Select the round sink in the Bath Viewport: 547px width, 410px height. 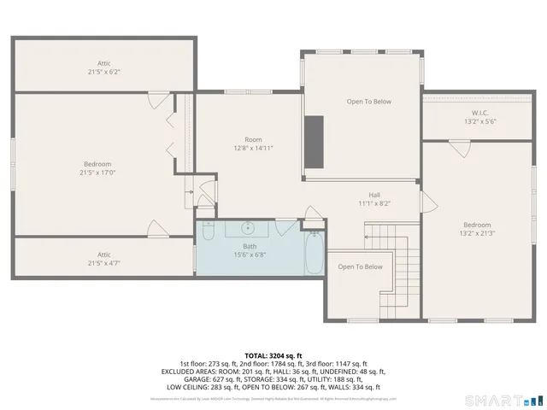click(249, 228)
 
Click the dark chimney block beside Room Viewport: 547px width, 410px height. click(315, 133)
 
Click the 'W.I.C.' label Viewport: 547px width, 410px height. click(479, 113)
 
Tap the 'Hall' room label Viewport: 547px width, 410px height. click(374, 194)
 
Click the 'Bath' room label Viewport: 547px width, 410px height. click(249, 246)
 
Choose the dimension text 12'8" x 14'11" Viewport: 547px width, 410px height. click(253, 148)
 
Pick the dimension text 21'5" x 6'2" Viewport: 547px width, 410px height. click(103, 71)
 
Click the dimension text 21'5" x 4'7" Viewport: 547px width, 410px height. click(103, 263)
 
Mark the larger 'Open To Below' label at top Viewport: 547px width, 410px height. click(368, 102)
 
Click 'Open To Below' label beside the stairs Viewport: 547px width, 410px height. click(360, 266)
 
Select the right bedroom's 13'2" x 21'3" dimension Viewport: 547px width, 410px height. click(477, 233)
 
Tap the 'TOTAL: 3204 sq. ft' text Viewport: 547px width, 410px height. click(273, 355)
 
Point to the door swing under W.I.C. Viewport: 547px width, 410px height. click(460, 147)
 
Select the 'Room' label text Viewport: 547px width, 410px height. click(253, 139)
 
